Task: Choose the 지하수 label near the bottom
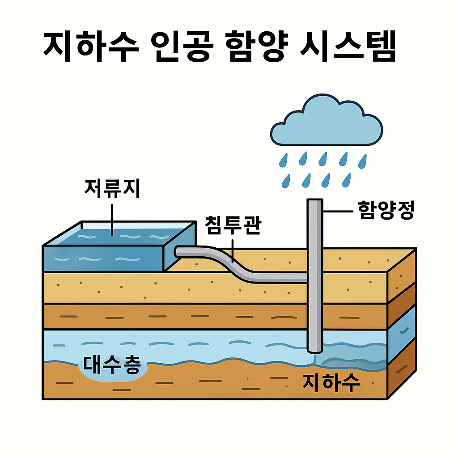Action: pyautogui.click(x=331, y=383)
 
